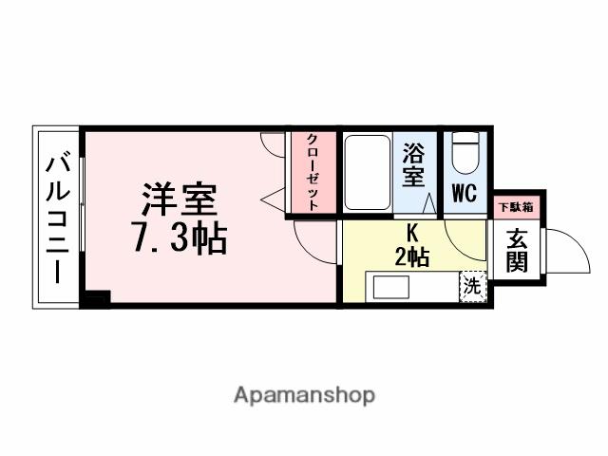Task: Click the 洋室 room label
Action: click(x=180, y=199)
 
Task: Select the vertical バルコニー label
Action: click(x=56, y=218)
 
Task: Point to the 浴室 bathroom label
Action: click(x=412, y=164)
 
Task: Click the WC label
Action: click(x=464, y=194)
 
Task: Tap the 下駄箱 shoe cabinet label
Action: click(x=516, y=206)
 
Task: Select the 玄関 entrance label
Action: click(x=516, y=251)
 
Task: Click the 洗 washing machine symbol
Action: click(x=471, y=285)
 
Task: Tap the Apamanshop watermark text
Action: click(x=304, y=394)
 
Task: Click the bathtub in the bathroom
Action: click(x=364, y=172)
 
